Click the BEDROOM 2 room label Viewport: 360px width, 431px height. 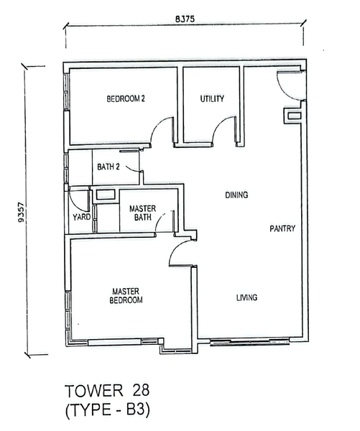pyautogui.click(x=126, y=98)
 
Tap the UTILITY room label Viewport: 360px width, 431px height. pyautogui.click(x=212, y=98)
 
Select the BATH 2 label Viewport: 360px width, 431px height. pyautogui.click(x=109, y=167)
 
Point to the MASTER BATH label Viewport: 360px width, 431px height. pyautogui.click(x=142, y=213)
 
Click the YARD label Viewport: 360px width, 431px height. pyautogui.click(x=82, y=217)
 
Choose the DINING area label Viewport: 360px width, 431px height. pyautogui.click(x=236, y=195)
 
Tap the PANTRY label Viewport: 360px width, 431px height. pyautogui.click(x=282, y=228)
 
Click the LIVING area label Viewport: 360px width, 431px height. pyautogui.click(x=246, y=297)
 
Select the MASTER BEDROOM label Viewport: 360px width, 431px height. pyautogui.click(x=126, y=296)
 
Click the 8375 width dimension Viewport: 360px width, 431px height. pyautogui.click(x=185, y=19)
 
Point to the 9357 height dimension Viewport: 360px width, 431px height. pyautogui.click(x=21, y=212)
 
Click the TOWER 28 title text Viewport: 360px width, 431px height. pyautogui.click(x=107, y=391)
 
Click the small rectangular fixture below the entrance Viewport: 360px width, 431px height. pyautogui.click(x=293, y=116)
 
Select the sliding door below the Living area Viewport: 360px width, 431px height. pyautogui.click(x=250, y=342)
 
